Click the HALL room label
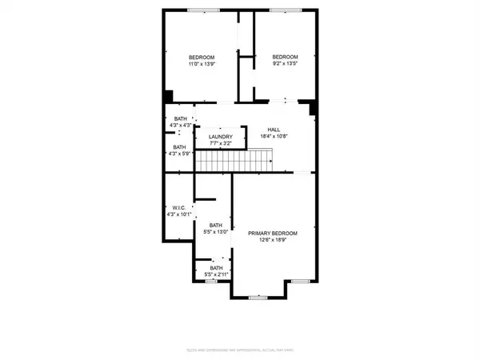click(x=274, y=130)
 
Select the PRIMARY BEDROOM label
click(x=272, y=233)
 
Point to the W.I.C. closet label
click(x=179, y=207)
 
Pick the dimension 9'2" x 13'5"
click(x=285, y=64)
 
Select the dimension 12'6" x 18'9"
click(x=272, y=240)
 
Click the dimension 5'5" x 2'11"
click(x=216, y=274)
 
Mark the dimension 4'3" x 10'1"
click(x=179, y=214)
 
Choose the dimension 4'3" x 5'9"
click(x=180, y=154)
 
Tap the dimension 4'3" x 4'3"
click(x=180, y=126)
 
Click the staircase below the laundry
click(x=236, y=163)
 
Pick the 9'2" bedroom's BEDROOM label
click(x=285, y=57)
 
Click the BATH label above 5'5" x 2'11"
click(x=216, y=267)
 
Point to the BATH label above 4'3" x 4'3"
click(x=180, y=118)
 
